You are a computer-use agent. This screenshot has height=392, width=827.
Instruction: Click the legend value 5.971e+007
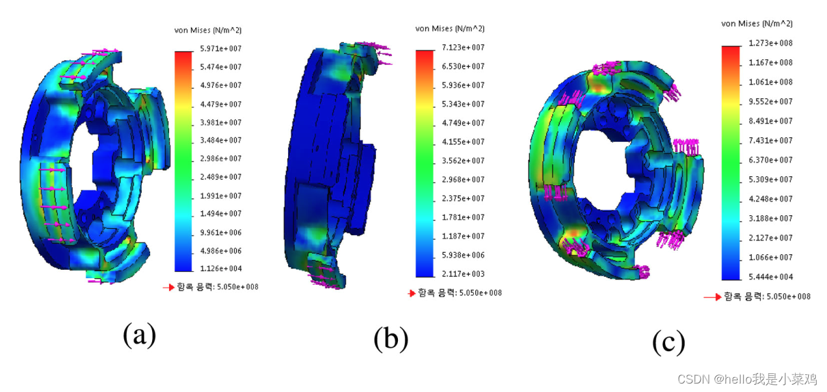click(221, 48)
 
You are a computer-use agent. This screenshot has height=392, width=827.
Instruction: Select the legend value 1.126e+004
click(221, 268)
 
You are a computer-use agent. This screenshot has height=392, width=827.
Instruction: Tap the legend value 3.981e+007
click(221, 122)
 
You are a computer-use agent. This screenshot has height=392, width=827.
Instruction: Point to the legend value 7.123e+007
click(463, 47)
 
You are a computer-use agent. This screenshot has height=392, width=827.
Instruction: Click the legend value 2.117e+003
click(463, 274)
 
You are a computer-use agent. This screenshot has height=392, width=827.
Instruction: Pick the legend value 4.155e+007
click(463, 142)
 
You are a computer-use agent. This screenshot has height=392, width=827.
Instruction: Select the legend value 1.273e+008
click(770, 43)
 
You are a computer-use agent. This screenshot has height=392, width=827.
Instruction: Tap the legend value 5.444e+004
click(770, 276)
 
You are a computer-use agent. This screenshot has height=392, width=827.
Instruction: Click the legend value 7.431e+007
click(770, 140)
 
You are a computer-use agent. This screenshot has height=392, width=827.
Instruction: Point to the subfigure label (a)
click(139, 334)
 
